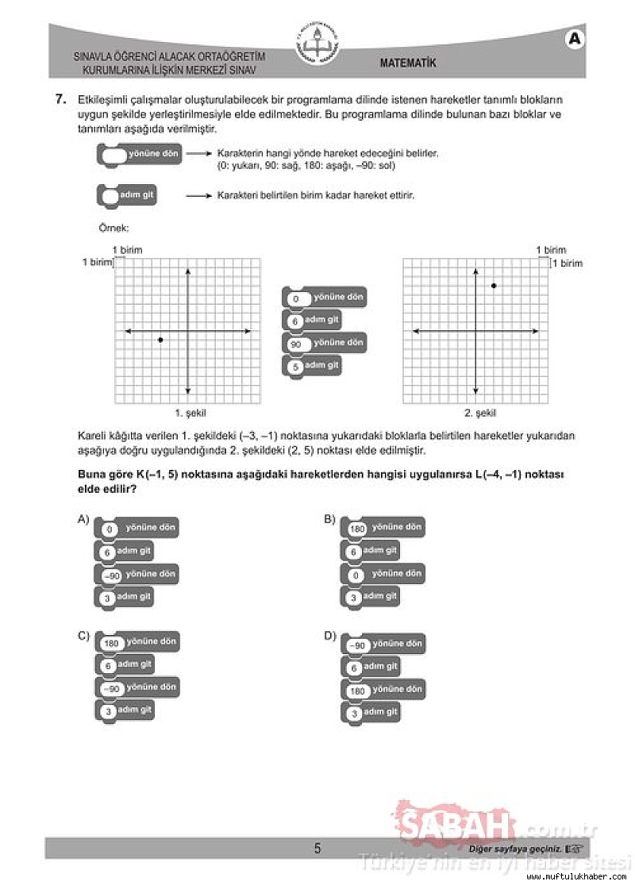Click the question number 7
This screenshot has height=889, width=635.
pos(60,100)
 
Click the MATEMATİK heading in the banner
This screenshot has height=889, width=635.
pos(407,63)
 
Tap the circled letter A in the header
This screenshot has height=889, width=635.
pos(575,39)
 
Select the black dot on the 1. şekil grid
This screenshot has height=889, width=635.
pos(160,340)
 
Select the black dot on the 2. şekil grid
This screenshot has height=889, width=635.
pos(494,285)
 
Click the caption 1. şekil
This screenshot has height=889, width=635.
pos(190,413)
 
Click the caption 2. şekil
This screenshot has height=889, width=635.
pos(479,413)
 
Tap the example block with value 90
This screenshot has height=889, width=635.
pos(324,343)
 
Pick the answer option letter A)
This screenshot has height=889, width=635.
pos(83,520)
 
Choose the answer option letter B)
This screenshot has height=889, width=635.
pos(329,520)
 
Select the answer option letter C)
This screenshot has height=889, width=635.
pos(83,635)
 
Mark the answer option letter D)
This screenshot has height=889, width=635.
pos(329,635)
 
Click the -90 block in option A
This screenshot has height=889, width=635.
pos(136,574)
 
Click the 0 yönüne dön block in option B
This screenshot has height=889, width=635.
pos(383,573)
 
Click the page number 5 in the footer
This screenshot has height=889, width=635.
pos(317,849)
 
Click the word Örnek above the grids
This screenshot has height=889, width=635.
pos(108,228)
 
